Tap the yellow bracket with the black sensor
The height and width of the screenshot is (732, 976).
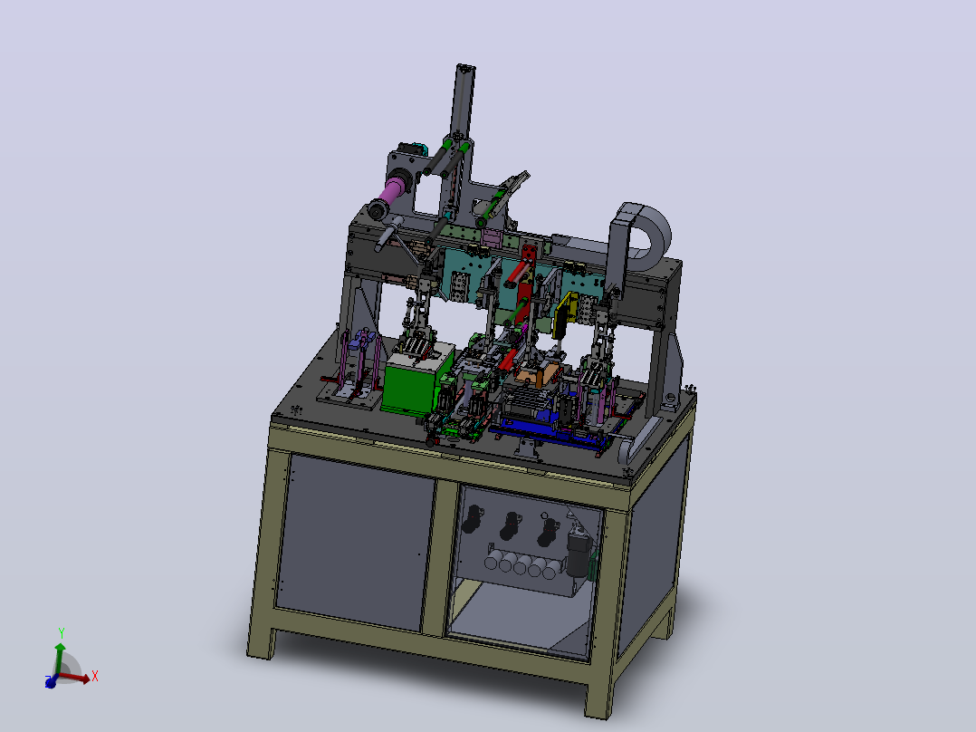click(565, 314)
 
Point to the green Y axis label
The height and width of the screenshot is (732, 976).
click(62, 633)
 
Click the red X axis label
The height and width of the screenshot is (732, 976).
click(94, 676)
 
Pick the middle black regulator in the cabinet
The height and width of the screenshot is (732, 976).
click(510, 525)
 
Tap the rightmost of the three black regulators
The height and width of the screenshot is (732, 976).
click(547, 532)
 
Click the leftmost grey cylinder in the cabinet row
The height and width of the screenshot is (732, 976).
click(491, 562)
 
